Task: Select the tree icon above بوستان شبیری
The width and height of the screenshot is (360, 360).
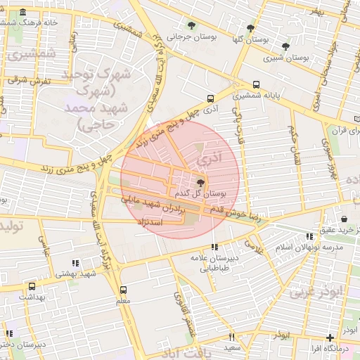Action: pyautogui.click(x=285, y=46)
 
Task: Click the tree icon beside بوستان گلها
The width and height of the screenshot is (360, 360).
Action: pyautogui.click(x=251, y=28)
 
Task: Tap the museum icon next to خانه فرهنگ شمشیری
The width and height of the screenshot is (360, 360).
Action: pyautogui.click(x=24, y=13)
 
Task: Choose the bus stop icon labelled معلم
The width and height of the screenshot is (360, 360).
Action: pyautogui.click(x=124, y=290)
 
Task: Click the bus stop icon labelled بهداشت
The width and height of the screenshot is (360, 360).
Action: pyautogui.click(x=32, y=287)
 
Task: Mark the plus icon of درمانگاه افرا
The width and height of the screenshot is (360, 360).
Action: pyautogui.click(x=330, y=338)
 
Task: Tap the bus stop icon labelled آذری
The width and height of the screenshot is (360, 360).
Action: pyautogui.click(x=210, y=99)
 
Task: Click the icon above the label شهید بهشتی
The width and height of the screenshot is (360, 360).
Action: pyautogui.click(x=75, y=262)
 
